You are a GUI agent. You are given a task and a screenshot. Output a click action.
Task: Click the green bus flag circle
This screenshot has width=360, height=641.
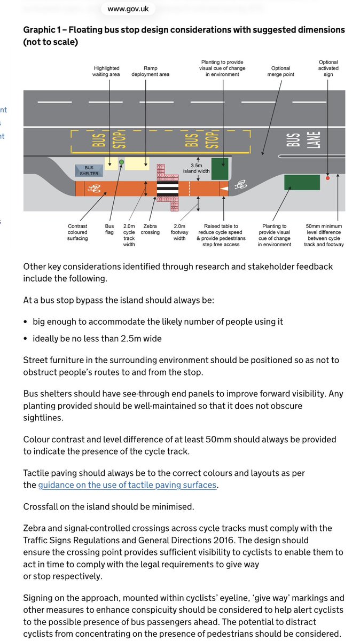[x=122, y=162]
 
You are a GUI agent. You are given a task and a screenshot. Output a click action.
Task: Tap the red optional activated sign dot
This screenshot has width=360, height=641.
[x=327, y=178]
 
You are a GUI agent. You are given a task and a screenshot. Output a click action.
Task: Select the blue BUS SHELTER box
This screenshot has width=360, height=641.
[x=89, y=170]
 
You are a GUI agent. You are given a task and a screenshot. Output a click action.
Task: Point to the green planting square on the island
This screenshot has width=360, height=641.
[x=220, y=168]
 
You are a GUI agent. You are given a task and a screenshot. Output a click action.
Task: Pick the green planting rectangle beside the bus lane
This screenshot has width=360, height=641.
[x=302, y=182]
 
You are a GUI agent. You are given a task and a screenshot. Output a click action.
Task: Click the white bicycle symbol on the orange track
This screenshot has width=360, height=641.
[x=95, y=189]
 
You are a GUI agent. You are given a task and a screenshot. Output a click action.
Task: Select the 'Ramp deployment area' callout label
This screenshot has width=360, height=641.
[x=150, y=72]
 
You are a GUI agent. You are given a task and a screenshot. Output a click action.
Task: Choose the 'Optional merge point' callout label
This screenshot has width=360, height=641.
[x=281, y=72]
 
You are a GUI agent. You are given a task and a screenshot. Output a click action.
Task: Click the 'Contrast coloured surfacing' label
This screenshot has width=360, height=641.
[x=77, y=232]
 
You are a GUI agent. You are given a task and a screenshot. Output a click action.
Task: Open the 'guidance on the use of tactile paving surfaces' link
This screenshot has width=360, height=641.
[x=127, y=485]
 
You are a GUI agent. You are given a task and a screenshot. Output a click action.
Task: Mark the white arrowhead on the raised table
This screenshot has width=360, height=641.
[x=224, y=189]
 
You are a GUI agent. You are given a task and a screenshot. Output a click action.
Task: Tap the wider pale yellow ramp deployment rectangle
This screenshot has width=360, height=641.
[x=137, y=163]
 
